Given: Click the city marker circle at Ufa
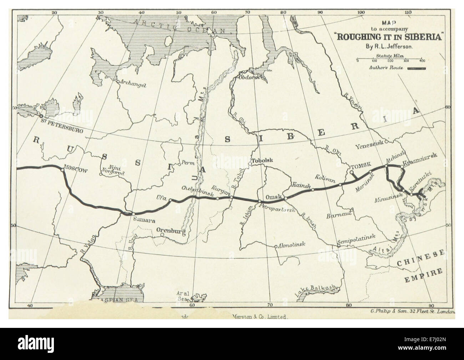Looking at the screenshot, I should pos(171,200).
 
